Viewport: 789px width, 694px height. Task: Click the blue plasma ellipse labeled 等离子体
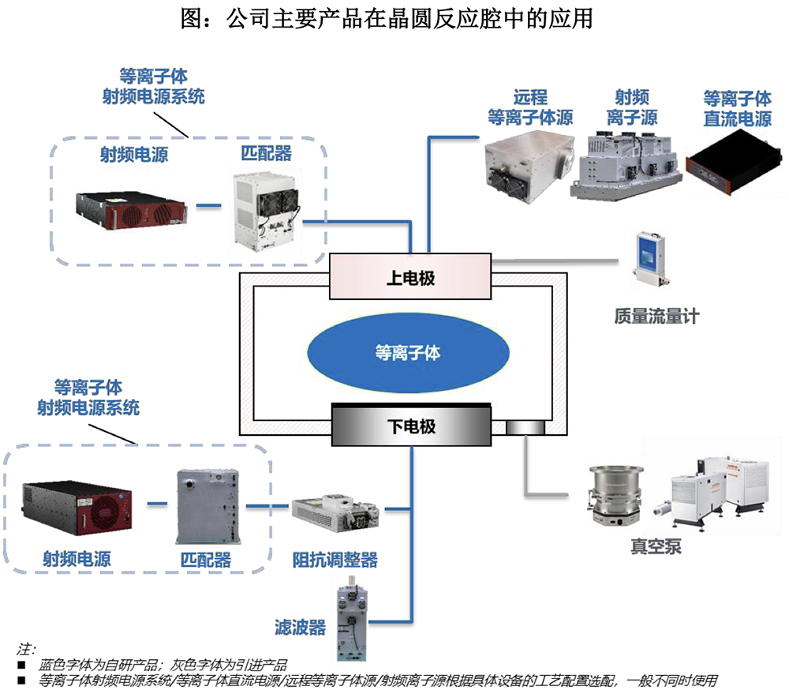407,352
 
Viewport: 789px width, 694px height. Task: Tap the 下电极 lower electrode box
410,427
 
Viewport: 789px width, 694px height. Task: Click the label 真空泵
655,546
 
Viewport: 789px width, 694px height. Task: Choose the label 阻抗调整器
335,560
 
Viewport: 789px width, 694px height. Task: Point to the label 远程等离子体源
529,107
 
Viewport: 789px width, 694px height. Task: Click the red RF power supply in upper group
131,204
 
